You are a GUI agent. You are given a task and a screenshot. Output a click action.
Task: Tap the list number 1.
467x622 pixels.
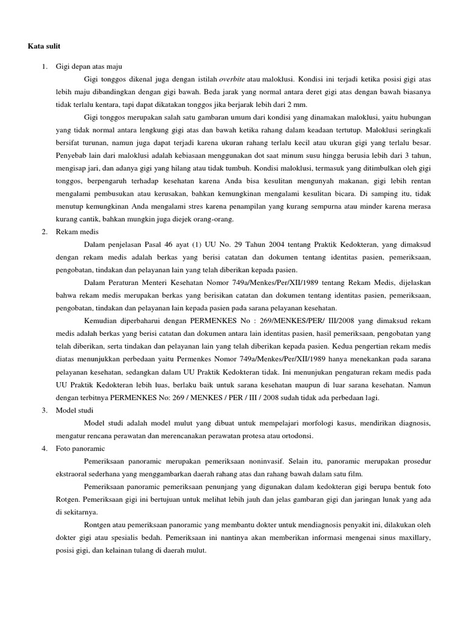click(44, 67)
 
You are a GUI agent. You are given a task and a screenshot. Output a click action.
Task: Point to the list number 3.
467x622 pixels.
click(44, 411)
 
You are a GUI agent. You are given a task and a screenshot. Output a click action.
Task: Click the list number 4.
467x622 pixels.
click(44, 448)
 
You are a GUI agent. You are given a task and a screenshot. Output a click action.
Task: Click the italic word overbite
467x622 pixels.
click(232, 79)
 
